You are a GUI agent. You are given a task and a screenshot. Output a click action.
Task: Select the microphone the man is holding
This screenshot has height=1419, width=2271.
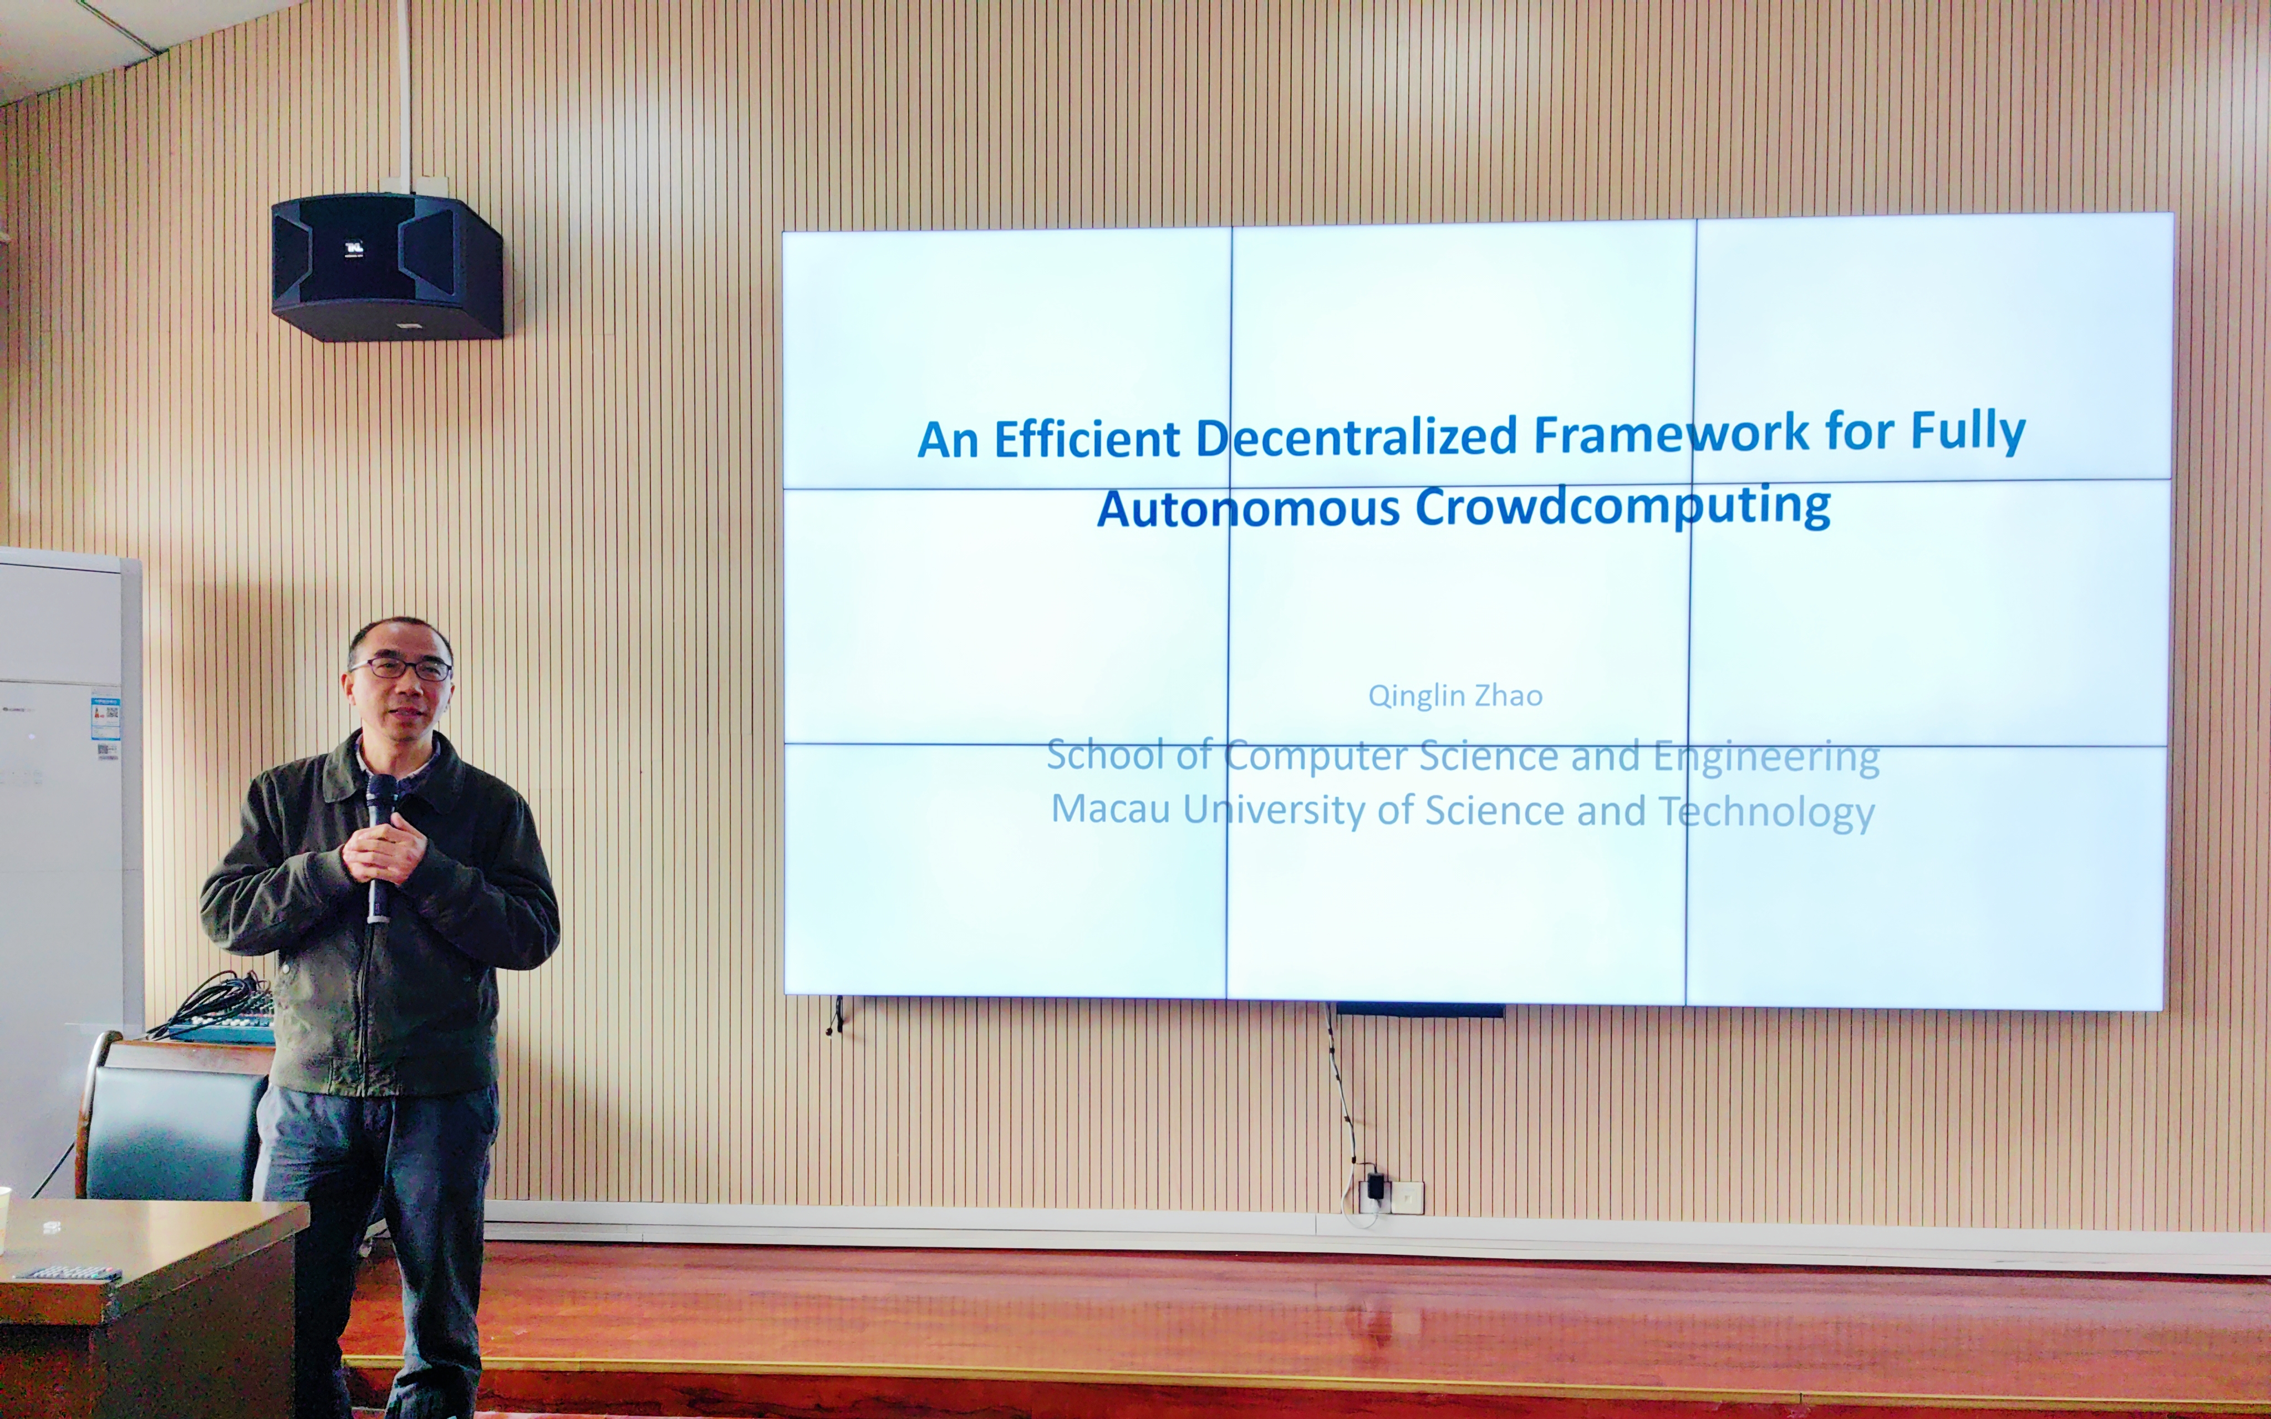379,845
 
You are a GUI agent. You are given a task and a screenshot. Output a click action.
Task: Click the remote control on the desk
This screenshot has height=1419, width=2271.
68,1274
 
